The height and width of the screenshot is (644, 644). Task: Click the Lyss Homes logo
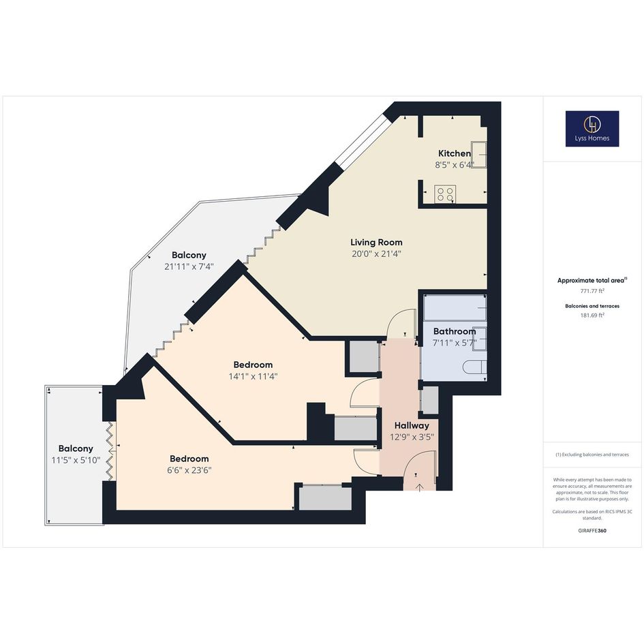592,129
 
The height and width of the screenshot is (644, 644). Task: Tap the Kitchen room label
455,153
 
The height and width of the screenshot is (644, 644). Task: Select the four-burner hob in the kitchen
445,194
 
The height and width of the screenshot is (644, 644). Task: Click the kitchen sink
479,155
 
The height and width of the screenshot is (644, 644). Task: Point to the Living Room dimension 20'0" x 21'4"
376,254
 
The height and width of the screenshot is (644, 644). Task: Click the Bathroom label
455,331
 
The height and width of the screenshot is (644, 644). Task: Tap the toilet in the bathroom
475,367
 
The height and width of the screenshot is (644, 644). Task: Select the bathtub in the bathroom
455,307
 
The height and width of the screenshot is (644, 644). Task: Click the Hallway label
412,425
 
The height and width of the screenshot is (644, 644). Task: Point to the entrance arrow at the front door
420,487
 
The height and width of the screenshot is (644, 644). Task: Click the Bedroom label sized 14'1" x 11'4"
253,365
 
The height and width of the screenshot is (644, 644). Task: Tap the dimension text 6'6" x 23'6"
189,470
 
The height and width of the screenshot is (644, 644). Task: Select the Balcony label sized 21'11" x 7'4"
189,255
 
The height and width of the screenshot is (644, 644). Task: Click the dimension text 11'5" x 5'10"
76,461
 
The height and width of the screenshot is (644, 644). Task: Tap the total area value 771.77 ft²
592,291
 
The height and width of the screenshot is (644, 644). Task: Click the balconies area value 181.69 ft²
592,316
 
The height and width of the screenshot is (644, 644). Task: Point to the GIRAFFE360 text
592,530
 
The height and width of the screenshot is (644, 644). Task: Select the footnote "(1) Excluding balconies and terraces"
592,455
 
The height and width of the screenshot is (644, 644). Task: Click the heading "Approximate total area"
592,281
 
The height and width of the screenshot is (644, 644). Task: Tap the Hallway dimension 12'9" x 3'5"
412,437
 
